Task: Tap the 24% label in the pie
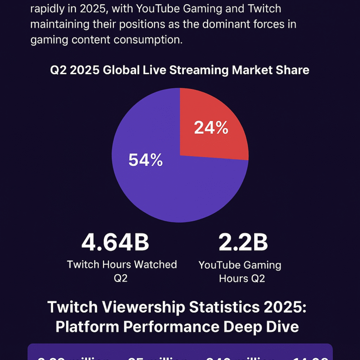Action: (x=211, y=127)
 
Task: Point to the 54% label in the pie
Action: (x=145, y=160)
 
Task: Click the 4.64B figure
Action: (x=115, y=243)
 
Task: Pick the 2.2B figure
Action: (x=243, y=243)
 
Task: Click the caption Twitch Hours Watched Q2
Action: (x=121, y=271)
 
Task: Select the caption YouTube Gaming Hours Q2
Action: (x=240, y=271)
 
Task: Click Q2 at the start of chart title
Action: (x=58, y=70)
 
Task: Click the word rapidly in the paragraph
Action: (x=48, y=8)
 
